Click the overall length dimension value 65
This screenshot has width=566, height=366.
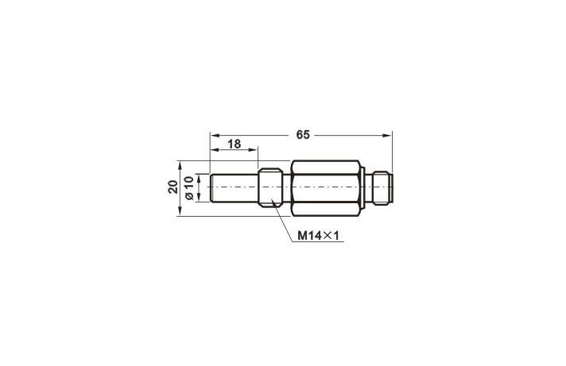click(x=302, y=135)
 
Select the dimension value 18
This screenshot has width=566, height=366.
click(x=234, y=144)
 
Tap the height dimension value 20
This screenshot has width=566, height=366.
click(x=173, y=187)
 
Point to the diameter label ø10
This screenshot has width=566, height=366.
click(x=188, y=188)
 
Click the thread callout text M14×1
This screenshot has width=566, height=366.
click(x=319, y=236)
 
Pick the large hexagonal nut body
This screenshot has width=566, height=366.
click(x=325, y=187)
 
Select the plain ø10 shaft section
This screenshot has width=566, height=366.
click(x=235, y=188)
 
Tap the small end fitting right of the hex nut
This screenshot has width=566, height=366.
click(x=386, y=187)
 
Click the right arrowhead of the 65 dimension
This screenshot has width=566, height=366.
click(x=389, y=135)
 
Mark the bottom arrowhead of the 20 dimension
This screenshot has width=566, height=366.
click(x=180, y=212)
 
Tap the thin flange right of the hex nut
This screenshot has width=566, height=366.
click(x=362, y=187)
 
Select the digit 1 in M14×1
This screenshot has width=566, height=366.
click(x=337, y=236)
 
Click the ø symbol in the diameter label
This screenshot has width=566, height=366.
click(x=188, y=196)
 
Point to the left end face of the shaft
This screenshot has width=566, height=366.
click(x=211, y=188)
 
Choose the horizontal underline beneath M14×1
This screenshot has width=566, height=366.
click(x=319, y=243)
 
